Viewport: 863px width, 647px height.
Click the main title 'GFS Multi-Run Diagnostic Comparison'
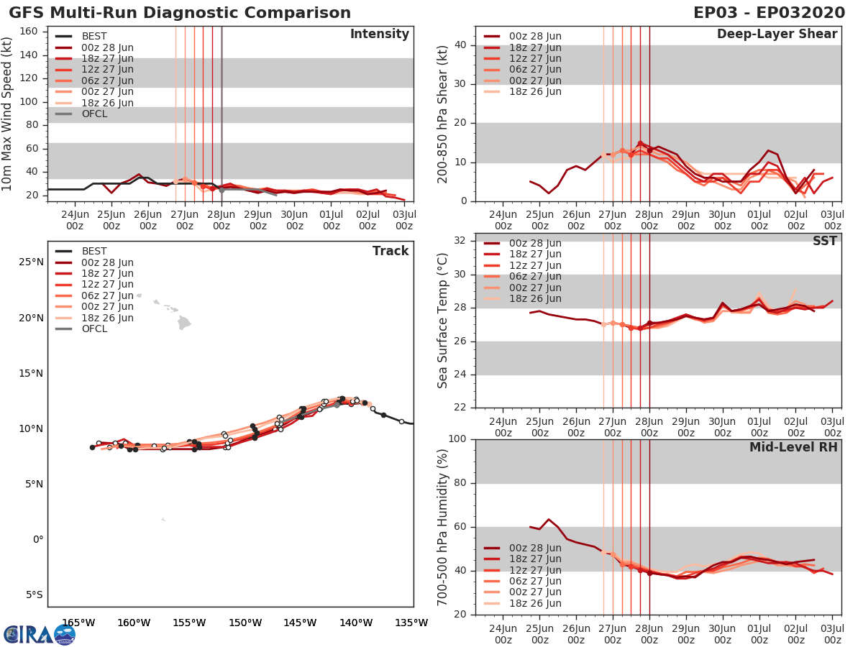tap(180, 13)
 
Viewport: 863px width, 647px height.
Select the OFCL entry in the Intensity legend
tap(93, 114)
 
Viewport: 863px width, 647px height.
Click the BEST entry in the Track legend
tap(93, 252)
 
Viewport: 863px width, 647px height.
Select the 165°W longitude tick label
tap(78, 623)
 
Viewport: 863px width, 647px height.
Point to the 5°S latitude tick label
tap(31, 595)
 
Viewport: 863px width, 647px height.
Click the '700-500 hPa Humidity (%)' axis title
tap(443, 526)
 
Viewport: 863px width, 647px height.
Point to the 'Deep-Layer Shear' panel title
tap(777, 35)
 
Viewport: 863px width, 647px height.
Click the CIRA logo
tap(40, 635)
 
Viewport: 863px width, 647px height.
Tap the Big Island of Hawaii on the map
tap(184, 323)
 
